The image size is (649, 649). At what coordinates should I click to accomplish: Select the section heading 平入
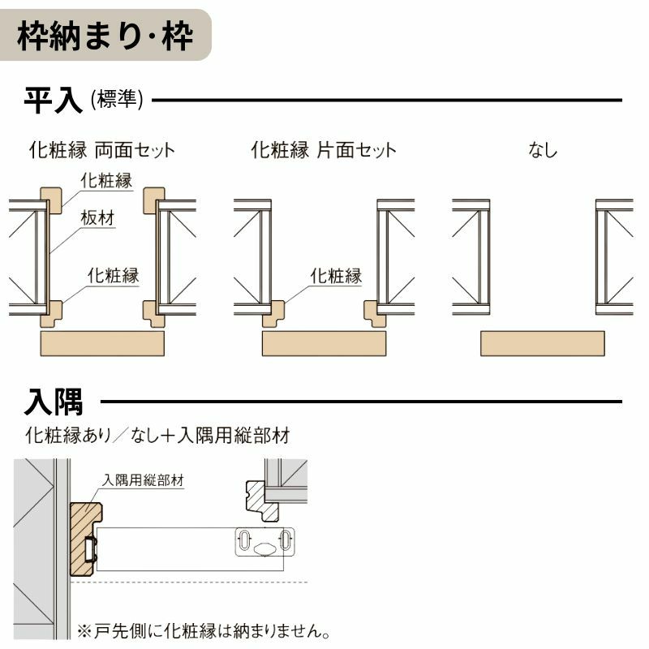54,101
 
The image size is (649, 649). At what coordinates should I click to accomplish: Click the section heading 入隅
54,401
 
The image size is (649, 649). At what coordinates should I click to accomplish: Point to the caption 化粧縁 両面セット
101,150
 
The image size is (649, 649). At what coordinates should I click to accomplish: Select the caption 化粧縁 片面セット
324,150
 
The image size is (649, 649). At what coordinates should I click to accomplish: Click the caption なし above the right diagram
543,150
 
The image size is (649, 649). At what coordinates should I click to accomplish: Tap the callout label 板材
97,217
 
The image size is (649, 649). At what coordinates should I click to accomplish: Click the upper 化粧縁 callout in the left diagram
105,180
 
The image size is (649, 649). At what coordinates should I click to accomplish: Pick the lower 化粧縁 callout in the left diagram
113,276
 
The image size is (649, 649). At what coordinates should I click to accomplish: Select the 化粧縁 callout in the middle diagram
336,276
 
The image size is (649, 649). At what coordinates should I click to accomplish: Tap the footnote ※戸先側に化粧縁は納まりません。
204,630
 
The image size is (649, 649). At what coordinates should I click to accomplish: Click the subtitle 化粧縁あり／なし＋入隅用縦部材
157,436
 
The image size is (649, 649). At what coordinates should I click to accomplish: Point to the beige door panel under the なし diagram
543,343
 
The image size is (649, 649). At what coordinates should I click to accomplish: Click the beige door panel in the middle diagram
324,343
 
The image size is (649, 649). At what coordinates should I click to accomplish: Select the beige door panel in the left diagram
102,343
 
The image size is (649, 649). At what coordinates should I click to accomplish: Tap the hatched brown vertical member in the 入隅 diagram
84,539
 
